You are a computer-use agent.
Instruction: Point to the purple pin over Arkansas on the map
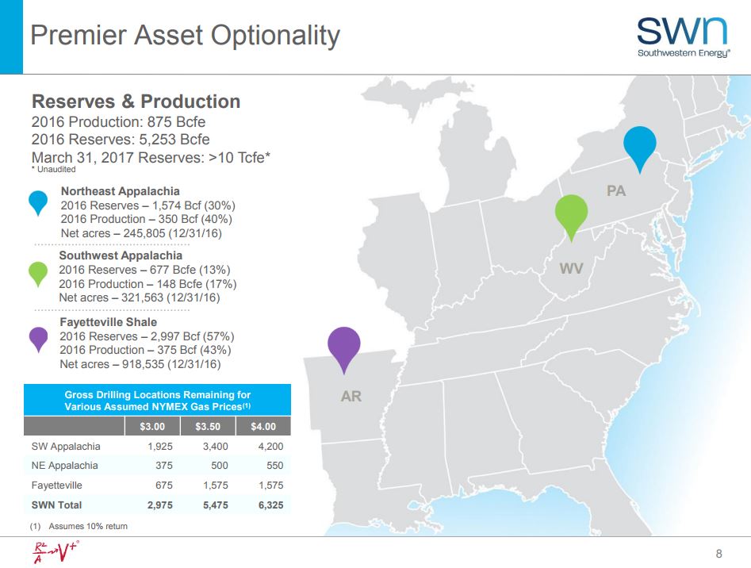coord(344,346)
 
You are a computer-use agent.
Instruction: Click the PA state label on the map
coord(615,191)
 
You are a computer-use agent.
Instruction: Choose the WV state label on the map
coord(571,269)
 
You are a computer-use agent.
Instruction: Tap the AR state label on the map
coord(351,395)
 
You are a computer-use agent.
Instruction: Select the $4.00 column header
coord(263,427)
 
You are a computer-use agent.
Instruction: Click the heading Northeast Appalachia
coord(120,191)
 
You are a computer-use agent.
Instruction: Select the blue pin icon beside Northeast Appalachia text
coord(39,201)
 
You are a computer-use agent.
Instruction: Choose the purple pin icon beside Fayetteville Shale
coord(39,339)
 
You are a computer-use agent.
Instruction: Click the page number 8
coord(718,553)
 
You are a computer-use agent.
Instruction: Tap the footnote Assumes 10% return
coord(87,526)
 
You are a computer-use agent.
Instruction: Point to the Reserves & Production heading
coord(136,102)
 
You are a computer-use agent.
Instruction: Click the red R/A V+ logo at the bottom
coord(52,552)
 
